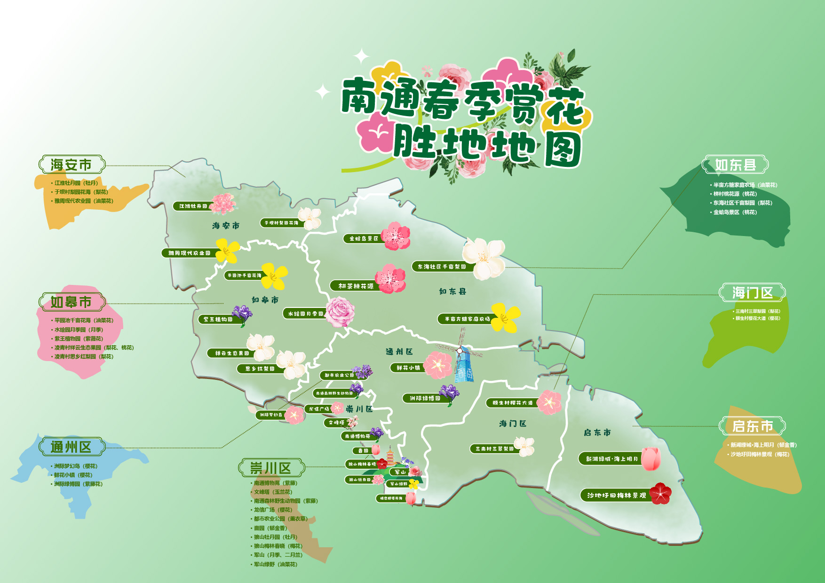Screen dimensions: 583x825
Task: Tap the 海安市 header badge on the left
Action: (71, 165)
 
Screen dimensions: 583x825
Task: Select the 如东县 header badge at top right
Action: (735, 165)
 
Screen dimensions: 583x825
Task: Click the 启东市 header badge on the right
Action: (752, 426)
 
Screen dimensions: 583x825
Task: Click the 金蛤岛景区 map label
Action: (364, 238)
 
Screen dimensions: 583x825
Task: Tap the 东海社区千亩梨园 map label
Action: (441, 267)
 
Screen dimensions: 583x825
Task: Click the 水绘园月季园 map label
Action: (305, 314)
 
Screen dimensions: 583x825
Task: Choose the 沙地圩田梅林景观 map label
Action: (616, 495)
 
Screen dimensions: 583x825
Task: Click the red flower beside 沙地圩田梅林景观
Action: (660, 493)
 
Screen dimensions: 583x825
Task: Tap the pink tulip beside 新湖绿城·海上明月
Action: (651, 458)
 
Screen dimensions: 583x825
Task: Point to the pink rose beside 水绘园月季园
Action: (340, 311)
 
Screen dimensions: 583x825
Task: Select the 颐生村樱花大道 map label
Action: (512, 403)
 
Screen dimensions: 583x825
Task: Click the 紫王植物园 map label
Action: (217, 319)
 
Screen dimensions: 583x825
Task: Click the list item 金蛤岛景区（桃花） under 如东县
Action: (735, 212)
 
